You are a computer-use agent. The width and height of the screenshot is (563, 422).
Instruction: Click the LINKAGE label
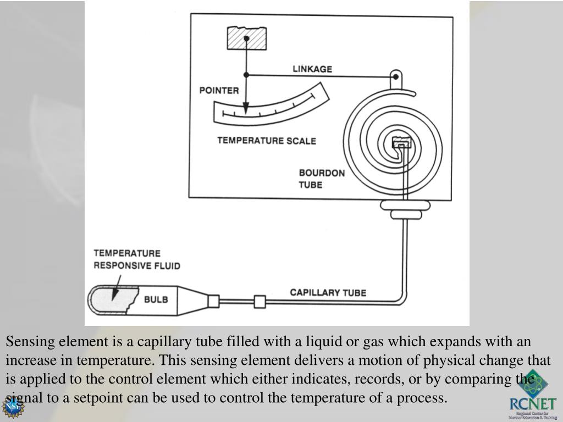click(312, 69)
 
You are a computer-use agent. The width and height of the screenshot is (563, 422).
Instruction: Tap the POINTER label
click(219, 90)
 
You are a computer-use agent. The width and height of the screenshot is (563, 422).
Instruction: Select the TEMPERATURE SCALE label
click(267, 141)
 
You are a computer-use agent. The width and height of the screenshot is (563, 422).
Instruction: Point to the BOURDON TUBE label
click(322, 179)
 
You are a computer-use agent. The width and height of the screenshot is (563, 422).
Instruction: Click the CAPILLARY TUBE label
click(328, 292)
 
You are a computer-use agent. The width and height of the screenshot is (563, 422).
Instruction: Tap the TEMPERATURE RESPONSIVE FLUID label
click(137, 259)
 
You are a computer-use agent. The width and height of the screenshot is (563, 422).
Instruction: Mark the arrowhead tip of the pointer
click(246, 113)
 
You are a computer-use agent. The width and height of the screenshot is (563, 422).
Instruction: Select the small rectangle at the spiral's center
click(400, 145)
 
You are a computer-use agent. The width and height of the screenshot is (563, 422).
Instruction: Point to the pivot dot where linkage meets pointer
click(246, 75)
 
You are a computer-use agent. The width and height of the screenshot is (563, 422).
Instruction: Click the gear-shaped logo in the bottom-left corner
click(12, 407)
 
